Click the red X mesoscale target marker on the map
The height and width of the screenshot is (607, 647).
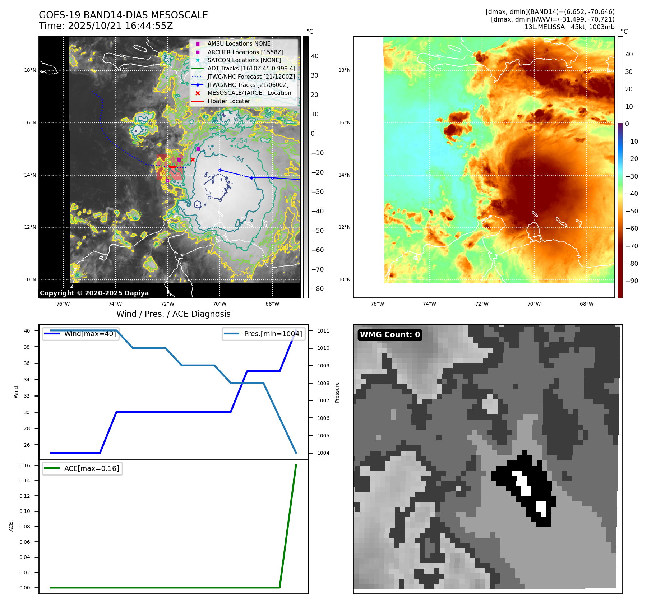click(193, 159)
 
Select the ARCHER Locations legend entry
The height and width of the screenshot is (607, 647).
click(245, 52)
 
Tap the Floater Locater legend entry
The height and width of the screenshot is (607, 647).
click(228, 101)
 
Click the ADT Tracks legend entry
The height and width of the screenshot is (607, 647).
click(251, 68)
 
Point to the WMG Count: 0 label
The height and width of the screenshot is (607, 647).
click(390, 335)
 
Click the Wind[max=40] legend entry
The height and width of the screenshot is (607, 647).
click(90, 334)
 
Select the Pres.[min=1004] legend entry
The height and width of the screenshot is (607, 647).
click(273, 334)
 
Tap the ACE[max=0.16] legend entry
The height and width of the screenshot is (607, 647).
click(91, 468)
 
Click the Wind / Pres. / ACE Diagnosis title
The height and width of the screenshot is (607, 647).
click(173, 314)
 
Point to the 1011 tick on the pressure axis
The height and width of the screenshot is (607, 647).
click(323, 331)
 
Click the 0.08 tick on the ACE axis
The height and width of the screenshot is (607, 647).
click(25, 527)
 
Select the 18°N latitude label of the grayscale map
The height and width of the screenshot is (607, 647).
click(30, 70)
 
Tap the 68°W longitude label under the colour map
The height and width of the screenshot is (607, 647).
click(586, 304)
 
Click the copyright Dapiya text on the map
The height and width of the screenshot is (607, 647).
click(94, 293)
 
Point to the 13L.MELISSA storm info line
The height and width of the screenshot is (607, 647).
click(569, 27)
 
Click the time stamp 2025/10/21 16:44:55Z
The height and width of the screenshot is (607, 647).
click(120, 26)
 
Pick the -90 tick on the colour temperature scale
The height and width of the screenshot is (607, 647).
click(632, 281)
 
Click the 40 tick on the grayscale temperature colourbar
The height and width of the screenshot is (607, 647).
click(315, 56)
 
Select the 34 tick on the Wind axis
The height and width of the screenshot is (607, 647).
click(27, 380)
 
